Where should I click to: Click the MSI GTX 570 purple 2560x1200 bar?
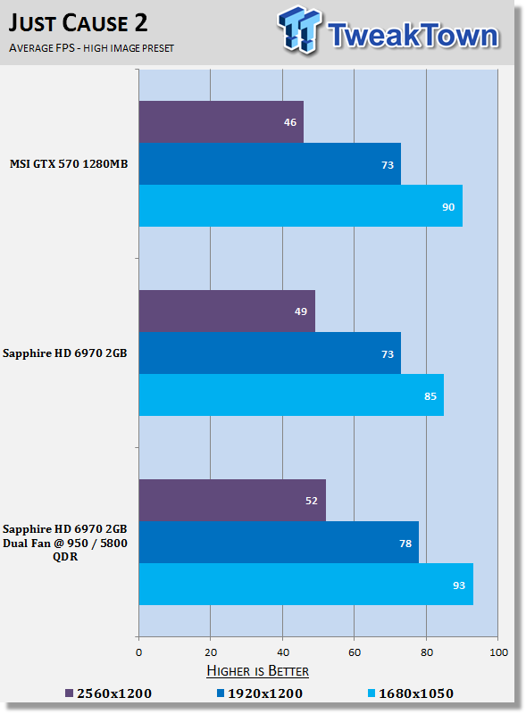click(221, 121)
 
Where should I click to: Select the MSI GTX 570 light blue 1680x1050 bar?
click(301, 206)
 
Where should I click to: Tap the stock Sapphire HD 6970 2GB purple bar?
click(227, 311)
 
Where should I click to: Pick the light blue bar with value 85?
click(291, 395)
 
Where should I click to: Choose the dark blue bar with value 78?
click(279, 543)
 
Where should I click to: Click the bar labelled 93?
click(305, 585)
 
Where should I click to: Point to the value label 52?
click(312, 501)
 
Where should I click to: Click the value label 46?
click(290, 122)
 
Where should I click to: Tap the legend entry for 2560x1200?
click(108, 693)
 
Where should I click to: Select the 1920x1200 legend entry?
click(260, 693)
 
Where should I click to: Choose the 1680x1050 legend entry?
click(411, 693)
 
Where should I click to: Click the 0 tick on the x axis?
click(139, 652)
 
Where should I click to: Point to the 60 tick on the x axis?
click(355, 652)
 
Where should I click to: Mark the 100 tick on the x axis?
click(498, 652)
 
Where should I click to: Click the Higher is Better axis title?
click(257, 671)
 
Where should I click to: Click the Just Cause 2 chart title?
click(78, 23)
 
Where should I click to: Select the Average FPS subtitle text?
click(91, 48)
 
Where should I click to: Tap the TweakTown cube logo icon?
click(299, 29)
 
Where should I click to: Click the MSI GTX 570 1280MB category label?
click(69, 164)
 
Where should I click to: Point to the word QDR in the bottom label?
click(65, 556)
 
